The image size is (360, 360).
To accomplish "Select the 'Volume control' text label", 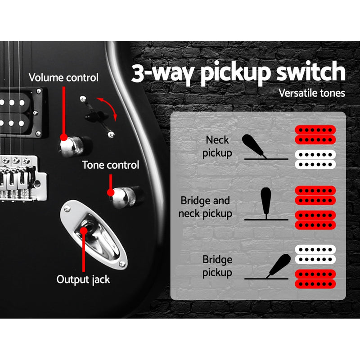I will [63, 77].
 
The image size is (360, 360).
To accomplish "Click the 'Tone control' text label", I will [110, 165].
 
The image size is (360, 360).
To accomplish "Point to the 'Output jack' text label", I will [83, 279].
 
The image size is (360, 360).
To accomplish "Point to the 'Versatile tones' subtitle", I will [312, 93].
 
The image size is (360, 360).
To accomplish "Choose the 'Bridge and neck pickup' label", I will [205, 207].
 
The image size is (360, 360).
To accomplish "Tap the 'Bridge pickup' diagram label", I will [217, 266].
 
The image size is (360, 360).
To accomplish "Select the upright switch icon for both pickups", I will [265, 205].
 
